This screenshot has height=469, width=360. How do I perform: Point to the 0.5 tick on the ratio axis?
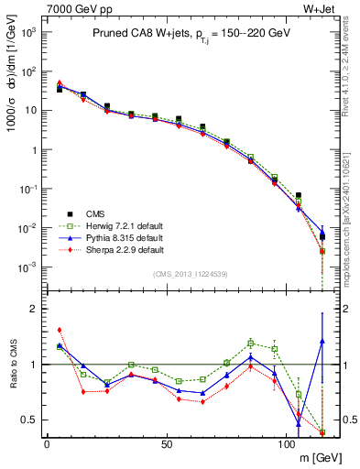pyautogui.click(x=29, y=420)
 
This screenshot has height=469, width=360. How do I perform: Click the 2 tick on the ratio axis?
pyautogui.click(x=33, y=309)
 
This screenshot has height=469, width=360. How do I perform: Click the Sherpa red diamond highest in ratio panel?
pyautogui.click(x=60, y=330)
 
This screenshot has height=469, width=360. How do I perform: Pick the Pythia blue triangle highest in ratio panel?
pyautogui.click(x=322, y=342)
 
